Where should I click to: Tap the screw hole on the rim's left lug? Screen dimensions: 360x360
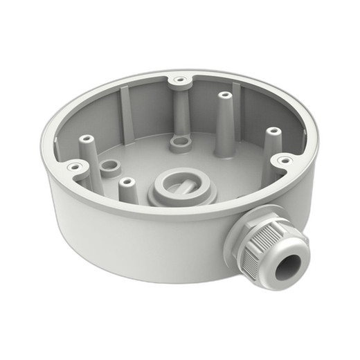pyautogui.click(x=71, y=166)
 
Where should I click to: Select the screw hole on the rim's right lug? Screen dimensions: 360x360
pyautogui.click(x=282, y=161)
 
